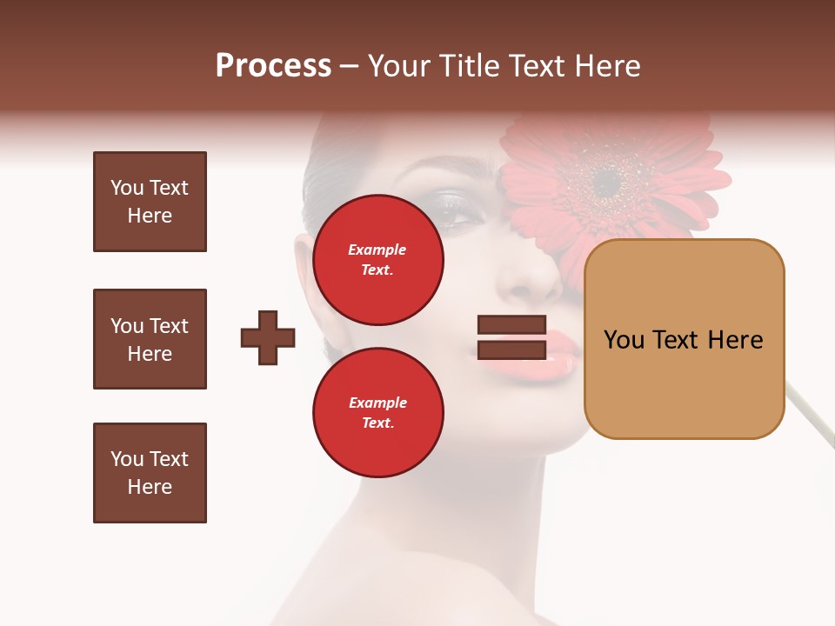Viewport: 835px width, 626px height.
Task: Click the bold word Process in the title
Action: point(273,66)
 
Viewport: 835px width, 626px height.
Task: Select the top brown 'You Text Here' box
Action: point(150,202)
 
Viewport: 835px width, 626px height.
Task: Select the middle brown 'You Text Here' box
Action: point(150,339)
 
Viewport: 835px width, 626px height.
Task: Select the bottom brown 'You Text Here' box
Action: point(150,473)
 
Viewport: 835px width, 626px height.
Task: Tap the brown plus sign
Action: point(268,338)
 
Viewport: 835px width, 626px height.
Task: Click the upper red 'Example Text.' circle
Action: point(377,259)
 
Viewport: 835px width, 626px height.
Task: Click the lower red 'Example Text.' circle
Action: point(377,412)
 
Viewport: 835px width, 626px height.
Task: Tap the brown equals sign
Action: point(511,338)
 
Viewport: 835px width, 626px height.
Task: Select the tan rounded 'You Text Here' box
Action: point(684,339)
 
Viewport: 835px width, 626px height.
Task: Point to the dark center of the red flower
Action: point(607,181)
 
